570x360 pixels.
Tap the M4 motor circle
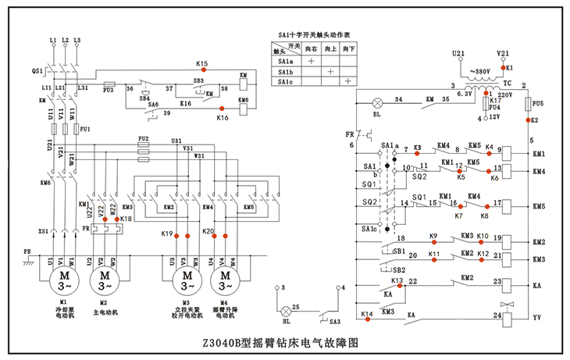click(226, 278)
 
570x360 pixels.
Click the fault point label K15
click(202, 63)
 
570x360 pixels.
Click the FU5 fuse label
click(536, 103)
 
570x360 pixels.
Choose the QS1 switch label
click(37, 70)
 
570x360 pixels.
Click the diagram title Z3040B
click(284, 342)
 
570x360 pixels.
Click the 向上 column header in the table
click(330, 48)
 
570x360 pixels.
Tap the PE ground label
click(27, 252)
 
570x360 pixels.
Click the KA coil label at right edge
click(536, 287)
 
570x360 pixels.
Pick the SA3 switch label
click(334, 321)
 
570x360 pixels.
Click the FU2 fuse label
click(143, 139)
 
